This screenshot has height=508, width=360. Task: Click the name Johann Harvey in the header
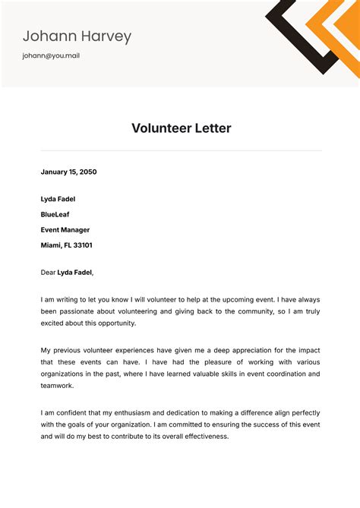(77, 36)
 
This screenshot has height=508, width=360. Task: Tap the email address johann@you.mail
(51, 55)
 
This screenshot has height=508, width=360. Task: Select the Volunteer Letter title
(181, 128)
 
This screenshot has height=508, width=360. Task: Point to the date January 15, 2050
(68, 172)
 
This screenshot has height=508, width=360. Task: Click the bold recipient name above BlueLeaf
(58, 199)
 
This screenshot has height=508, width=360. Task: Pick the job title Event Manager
(65, 229)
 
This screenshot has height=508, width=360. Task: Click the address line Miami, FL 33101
(67, 245)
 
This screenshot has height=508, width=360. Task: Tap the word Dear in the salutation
(48, 272)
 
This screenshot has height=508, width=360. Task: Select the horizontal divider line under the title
(181, 150)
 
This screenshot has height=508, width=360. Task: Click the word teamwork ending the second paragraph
(58, 386)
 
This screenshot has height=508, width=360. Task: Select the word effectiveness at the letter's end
(201, 437)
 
